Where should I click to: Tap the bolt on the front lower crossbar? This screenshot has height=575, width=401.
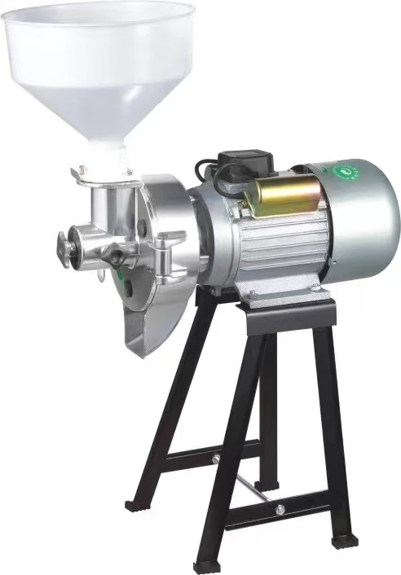click(279, 510)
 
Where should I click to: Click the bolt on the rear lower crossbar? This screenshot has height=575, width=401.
click(217, 459)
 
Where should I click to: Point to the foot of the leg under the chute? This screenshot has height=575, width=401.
click(135, 505)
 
